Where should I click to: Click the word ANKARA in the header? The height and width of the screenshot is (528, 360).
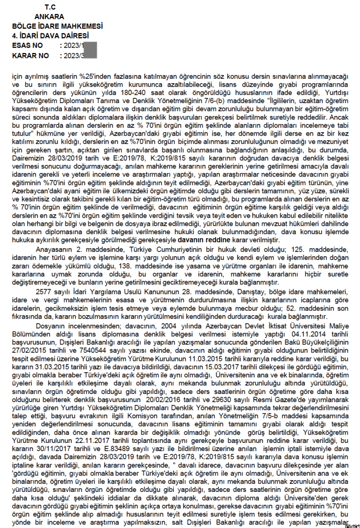50,16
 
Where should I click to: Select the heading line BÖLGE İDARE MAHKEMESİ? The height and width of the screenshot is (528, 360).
57,26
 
